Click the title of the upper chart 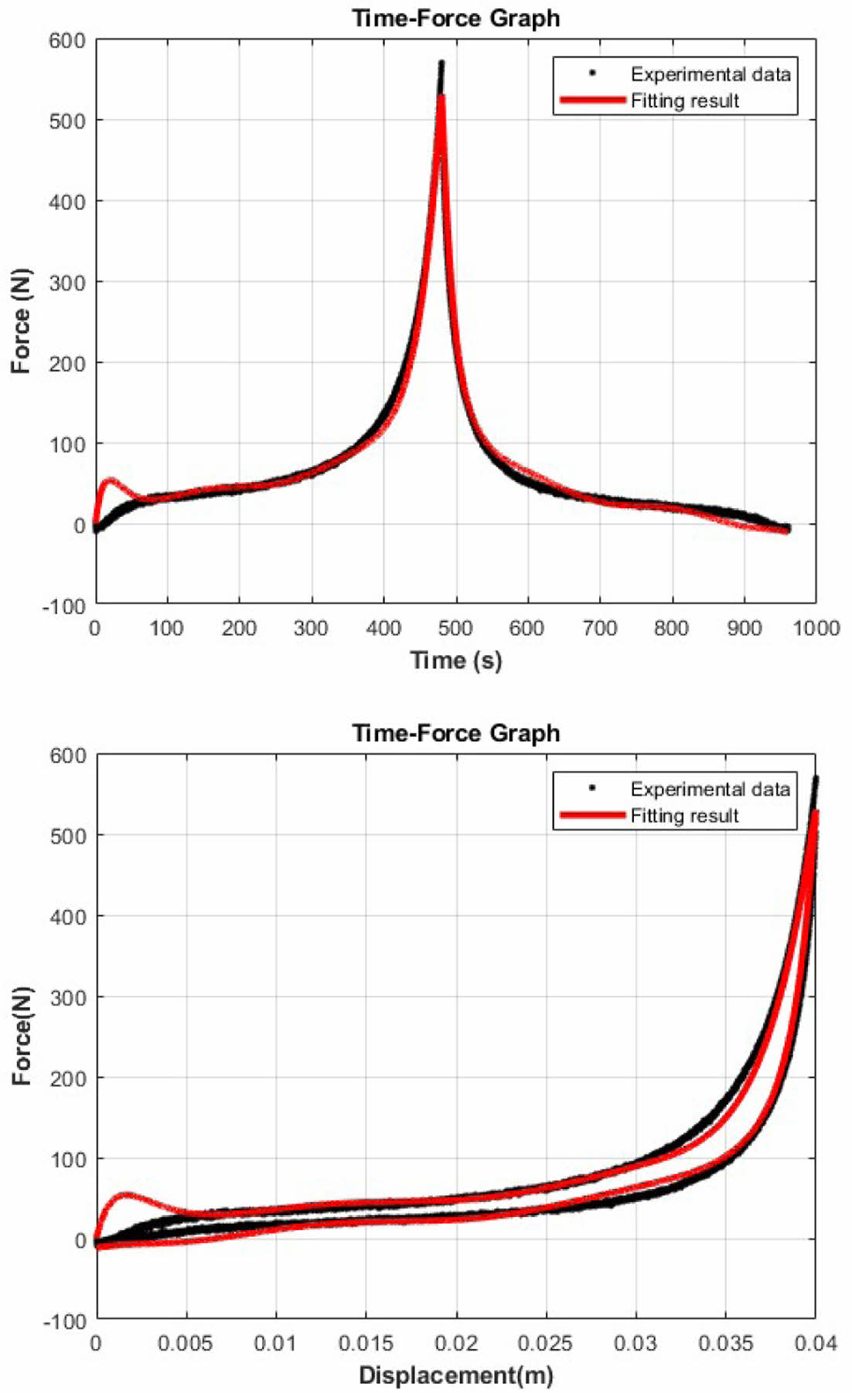pos(456,18)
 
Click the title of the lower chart pos(456,732)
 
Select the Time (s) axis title pos(456,661)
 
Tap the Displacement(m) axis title pos(456,1375)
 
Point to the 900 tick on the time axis pos(743,628)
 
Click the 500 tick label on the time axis pos(455,628)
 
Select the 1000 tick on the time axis pos(816,628)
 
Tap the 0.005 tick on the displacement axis pos(186,1344)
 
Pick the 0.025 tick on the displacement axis pos(546,1344)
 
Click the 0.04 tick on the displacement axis pos(816,1344)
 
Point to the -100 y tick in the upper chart pos(63,607)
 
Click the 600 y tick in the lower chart pos(68,755)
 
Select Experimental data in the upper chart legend pos(711,74)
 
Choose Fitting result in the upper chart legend pos(685,100)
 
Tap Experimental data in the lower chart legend pos(711,789)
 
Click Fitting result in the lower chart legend pos(685,816)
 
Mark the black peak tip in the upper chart pos(441,63)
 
